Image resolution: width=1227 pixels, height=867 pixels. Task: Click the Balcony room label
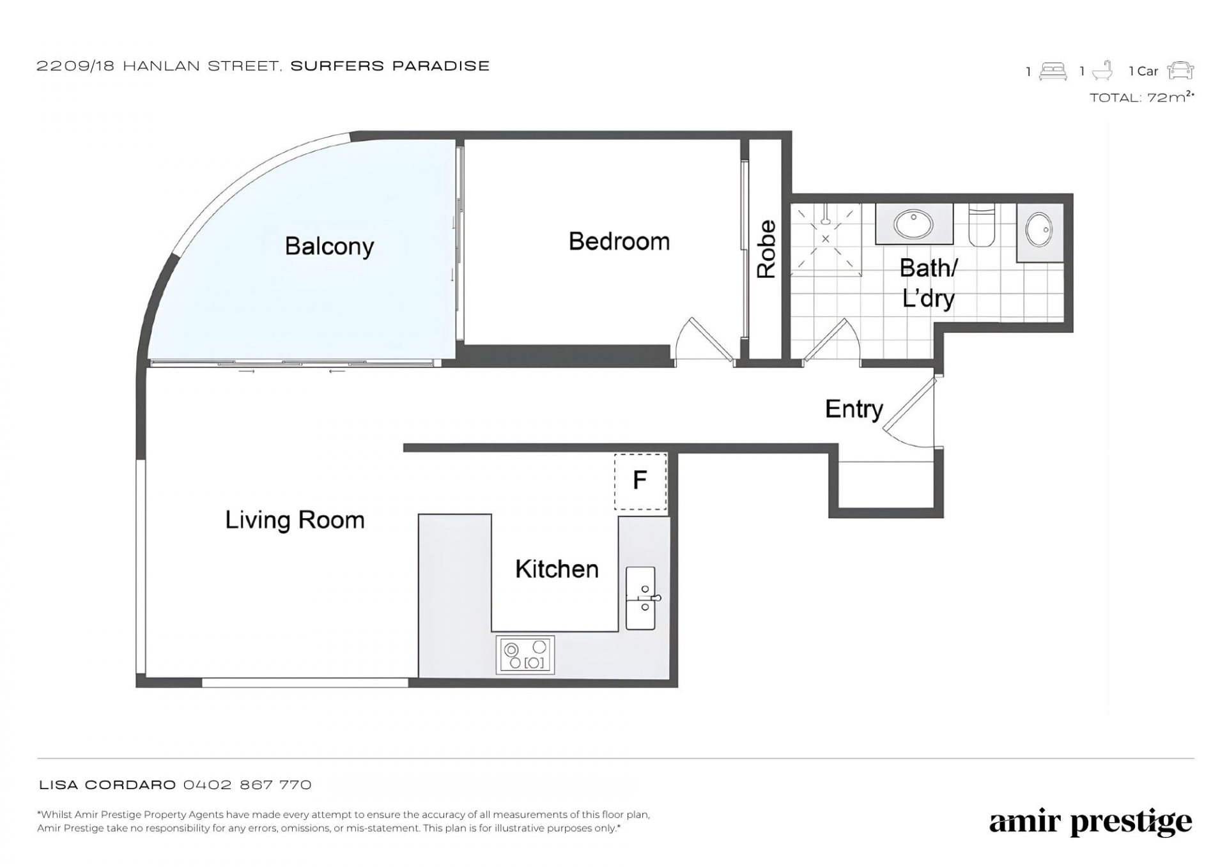coord(329,247)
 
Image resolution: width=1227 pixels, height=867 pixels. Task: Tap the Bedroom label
coord(619,242)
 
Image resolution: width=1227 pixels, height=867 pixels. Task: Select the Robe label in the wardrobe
coord(766,249)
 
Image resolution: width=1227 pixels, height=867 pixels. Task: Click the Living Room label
coord(295,520)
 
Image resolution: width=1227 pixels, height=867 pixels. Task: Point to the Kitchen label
coord(557,569)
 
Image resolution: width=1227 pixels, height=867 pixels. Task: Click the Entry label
coord(854,409)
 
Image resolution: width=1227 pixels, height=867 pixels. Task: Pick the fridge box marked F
coord(640,481)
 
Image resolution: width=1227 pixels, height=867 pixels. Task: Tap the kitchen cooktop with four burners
coord(525,654)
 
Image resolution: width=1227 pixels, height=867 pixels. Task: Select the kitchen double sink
coord(641,598)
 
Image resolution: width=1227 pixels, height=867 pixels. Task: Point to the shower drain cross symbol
coord(826,239)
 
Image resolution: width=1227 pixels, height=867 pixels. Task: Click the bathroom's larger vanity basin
coord(913,224)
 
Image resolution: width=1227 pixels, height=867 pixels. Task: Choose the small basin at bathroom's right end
coord(1040,229)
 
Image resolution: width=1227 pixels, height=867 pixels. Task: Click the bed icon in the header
coord(1053,71)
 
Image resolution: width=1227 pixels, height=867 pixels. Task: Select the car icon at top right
coord(1180,70)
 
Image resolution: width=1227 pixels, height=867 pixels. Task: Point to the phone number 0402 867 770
coord(247,785)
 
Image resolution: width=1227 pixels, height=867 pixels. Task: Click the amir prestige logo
coord(1090,823)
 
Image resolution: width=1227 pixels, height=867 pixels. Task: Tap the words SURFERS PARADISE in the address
coord(390,66)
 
